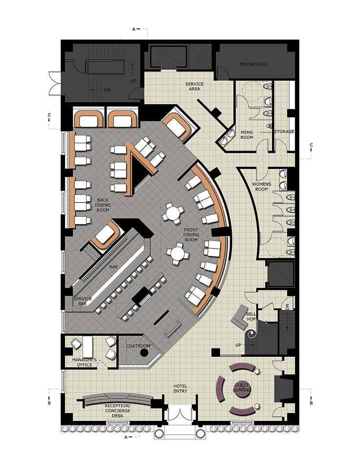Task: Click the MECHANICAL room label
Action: tap(253, 64)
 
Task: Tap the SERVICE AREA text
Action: tap(195, 86)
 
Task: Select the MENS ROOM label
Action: tap(247, 135)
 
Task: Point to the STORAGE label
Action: tap(284, 131)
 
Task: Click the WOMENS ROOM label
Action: tap(262, 186)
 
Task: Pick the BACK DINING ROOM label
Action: tap(103, 205)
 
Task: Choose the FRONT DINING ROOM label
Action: tap(191, 235)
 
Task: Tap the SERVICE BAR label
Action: tap(82, 301)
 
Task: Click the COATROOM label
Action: tap(138, 346)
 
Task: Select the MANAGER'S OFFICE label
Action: tap(84, 362)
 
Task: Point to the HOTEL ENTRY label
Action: tap(180, 389)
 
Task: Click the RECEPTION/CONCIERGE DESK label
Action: tap(117, 410)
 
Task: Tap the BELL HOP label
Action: tap(251, 317)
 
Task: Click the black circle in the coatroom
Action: tap(144, 353)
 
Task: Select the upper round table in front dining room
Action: tap(173, 213)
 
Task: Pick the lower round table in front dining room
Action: tap(178, 254)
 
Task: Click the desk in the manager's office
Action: tap(88, 347)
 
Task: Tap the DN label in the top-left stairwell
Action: tap(107, 90)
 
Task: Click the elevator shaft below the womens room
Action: tap(281, 274)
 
